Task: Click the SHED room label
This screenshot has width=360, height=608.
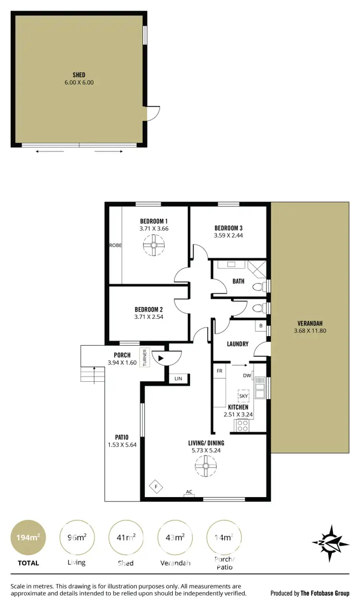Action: click(79, 75)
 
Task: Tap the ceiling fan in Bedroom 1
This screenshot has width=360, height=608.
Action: click(154, 247)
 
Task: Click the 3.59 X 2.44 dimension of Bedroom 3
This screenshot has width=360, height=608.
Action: click(228, 236)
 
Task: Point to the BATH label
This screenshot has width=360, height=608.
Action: click(239, 281)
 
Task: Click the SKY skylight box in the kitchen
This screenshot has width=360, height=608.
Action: click(244, 396)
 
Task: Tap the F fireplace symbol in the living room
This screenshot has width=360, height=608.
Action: click(156, 487)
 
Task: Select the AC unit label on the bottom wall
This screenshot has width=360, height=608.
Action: click(189, 492)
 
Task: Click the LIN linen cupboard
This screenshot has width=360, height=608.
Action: click(179, 379)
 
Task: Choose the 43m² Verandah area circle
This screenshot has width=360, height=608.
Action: click(175, 538)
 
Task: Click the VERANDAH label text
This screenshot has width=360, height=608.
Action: click(310, 323)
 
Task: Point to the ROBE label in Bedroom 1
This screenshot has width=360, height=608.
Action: click(115, 245)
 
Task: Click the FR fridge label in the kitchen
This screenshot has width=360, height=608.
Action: click(219, 371)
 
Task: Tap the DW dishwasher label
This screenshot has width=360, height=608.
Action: click(247, 376)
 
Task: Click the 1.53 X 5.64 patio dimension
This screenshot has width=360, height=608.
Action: click(121, 445)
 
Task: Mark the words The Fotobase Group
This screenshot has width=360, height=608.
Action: click(324, 593)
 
